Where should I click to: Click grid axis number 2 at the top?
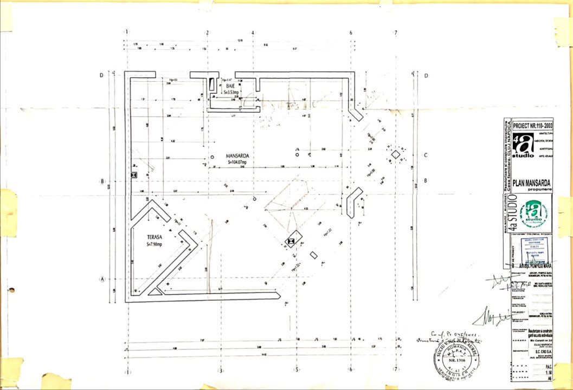207,32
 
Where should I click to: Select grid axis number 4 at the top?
253,32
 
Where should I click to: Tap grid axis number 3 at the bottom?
220,370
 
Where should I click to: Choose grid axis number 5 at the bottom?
296,370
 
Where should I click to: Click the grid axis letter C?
426,155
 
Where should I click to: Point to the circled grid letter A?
101,279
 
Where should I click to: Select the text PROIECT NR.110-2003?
532,124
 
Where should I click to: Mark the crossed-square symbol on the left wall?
134,175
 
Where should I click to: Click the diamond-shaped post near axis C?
396,155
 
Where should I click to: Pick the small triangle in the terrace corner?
154,291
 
